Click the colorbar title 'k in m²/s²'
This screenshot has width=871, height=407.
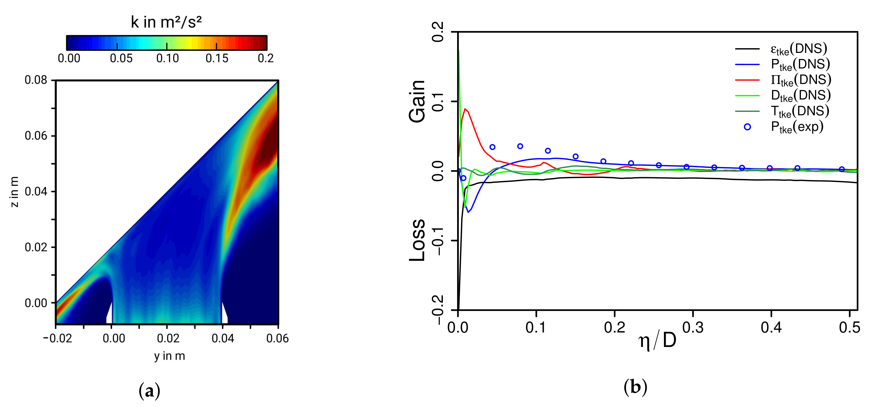click(166, 22)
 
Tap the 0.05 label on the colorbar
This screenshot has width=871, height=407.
click(121, 58)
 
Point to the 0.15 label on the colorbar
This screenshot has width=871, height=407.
click(217, 58)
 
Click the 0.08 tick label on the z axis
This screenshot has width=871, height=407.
click(36, 80)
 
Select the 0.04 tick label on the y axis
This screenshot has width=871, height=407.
click(222, 338)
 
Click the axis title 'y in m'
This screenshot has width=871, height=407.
click(169, 356)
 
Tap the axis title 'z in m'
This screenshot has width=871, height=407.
click(14, 191)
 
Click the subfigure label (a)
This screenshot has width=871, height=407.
click(149, 391)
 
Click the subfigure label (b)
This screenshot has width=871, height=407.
click(635, 387)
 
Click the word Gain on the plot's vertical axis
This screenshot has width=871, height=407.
click(417, 101)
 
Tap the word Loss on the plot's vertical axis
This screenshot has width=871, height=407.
click(417, 240)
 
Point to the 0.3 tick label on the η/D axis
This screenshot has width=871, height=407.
click(693, 327)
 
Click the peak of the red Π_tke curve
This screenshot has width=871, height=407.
click(465, 109)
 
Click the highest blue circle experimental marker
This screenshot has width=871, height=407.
click(520, 146)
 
